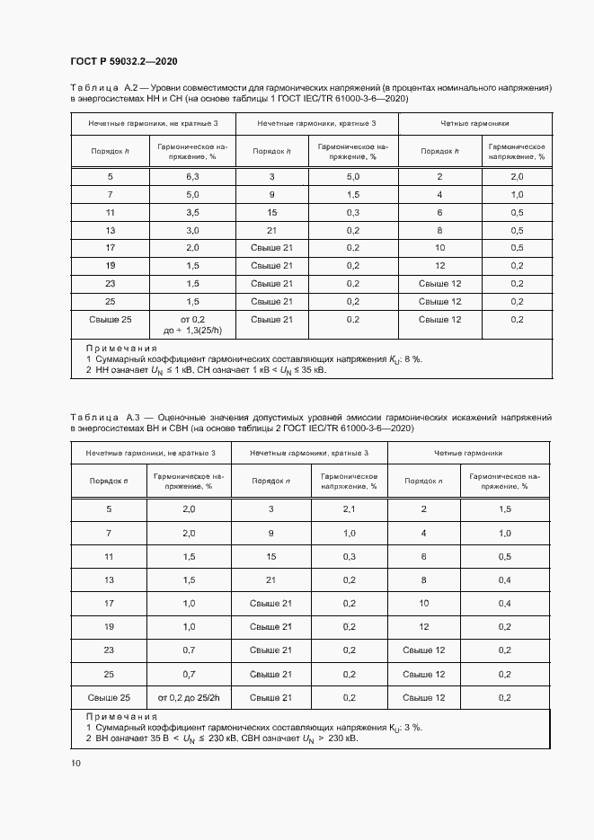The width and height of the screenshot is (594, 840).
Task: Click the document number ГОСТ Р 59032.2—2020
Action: [x=123, y=61]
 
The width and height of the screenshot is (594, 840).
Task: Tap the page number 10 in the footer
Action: [x=75, y=763]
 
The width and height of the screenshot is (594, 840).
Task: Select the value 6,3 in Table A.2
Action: [x=192, y=177]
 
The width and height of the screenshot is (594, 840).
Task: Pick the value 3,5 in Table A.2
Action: [x=192, y=212]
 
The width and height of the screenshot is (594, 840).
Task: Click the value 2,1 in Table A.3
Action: [x=350, y=509]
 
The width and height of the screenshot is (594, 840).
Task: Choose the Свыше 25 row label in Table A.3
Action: [x=109, y=697]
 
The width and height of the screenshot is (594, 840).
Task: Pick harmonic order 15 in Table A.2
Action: [x=271, y=212]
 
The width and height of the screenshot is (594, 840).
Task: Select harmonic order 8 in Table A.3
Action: [x=422, y=580]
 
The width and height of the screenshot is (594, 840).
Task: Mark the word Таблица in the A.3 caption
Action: [x=93, y=418]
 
